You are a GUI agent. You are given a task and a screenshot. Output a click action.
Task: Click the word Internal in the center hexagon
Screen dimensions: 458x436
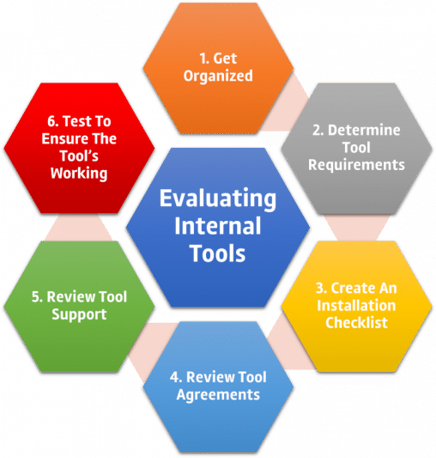tap(218, 228)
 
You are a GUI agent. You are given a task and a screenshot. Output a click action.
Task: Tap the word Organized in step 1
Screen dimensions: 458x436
tap(217, 76)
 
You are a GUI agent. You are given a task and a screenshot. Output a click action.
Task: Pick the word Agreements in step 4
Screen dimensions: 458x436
tap(218, 394)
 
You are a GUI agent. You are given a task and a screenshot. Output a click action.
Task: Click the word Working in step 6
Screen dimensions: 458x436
tap(78, 174)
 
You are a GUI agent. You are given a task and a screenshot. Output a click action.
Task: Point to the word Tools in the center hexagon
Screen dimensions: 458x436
tap(218, 254)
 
